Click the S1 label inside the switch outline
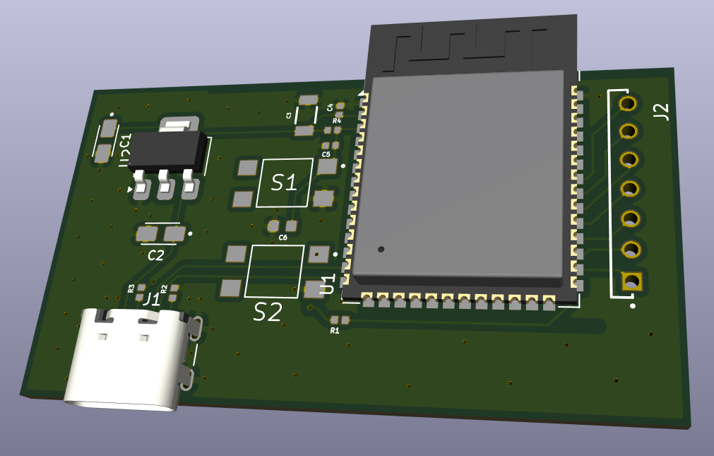click(285, 183)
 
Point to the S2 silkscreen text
click(268, 311)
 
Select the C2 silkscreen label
click(156, 255)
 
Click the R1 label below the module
click(335, 330)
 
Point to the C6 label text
click(283, 238)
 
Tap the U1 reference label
click(328, 285)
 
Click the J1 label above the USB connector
click(151, 299)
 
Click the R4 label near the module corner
click(336, 121)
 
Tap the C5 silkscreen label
click(326, 153)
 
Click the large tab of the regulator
click(177, 125)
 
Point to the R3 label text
click(131, 288)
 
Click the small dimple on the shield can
click(381, 249)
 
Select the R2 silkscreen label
click(164, 288)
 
